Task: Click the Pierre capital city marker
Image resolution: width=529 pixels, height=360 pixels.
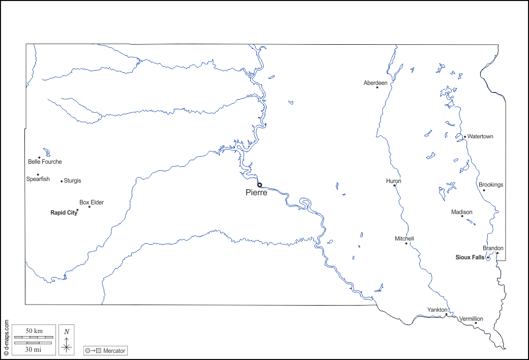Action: point(259,185)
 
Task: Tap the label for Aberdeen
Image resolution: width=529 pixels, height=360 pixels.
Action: point(375,83)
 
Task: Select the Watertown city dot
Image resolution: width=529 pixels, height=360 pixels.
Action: point(464,136)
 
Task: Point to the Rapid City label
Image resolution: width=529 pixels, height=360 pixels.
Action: point(63,213)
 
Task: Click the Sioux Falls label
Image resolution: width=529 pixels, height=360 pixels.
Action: point(469,257)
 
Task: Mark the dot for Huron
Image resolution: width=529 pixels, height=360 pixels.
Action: point(394,186)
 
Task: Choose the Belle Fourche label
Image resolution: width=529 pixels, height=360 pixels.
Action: point(45,162)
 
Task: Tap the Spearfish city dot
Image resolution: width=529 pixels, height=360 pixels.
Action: point(38,174)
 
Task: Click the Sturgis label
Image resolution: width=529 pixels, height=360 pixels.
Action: point(72,181)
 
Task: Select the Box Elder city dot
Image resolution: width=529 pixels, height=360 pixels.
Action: point(90,206)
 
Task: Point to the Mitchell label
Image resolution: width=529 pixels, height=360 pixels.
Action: point(404,238)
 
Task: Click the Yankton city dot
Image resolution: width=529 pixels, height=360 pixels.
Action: point(446,314)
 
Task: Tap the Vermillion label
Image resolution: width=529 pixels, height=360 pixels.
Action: point(471,319)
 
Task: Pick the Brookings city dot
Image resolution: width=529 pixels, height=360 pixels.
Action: point(484,190)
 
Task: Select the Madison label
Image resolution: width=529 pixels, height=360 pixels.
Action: point(462,212)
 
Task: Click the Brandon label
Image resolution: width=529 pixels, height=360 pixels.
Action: point(493,248)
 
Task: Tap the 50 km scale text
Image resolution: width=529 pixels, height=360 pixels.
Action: point(34,331)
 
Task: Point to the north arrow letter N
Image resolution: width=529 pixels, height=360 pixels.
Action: point(67,332)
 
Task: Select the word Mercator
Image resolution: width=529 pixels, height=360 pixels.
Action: point(114,351)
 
